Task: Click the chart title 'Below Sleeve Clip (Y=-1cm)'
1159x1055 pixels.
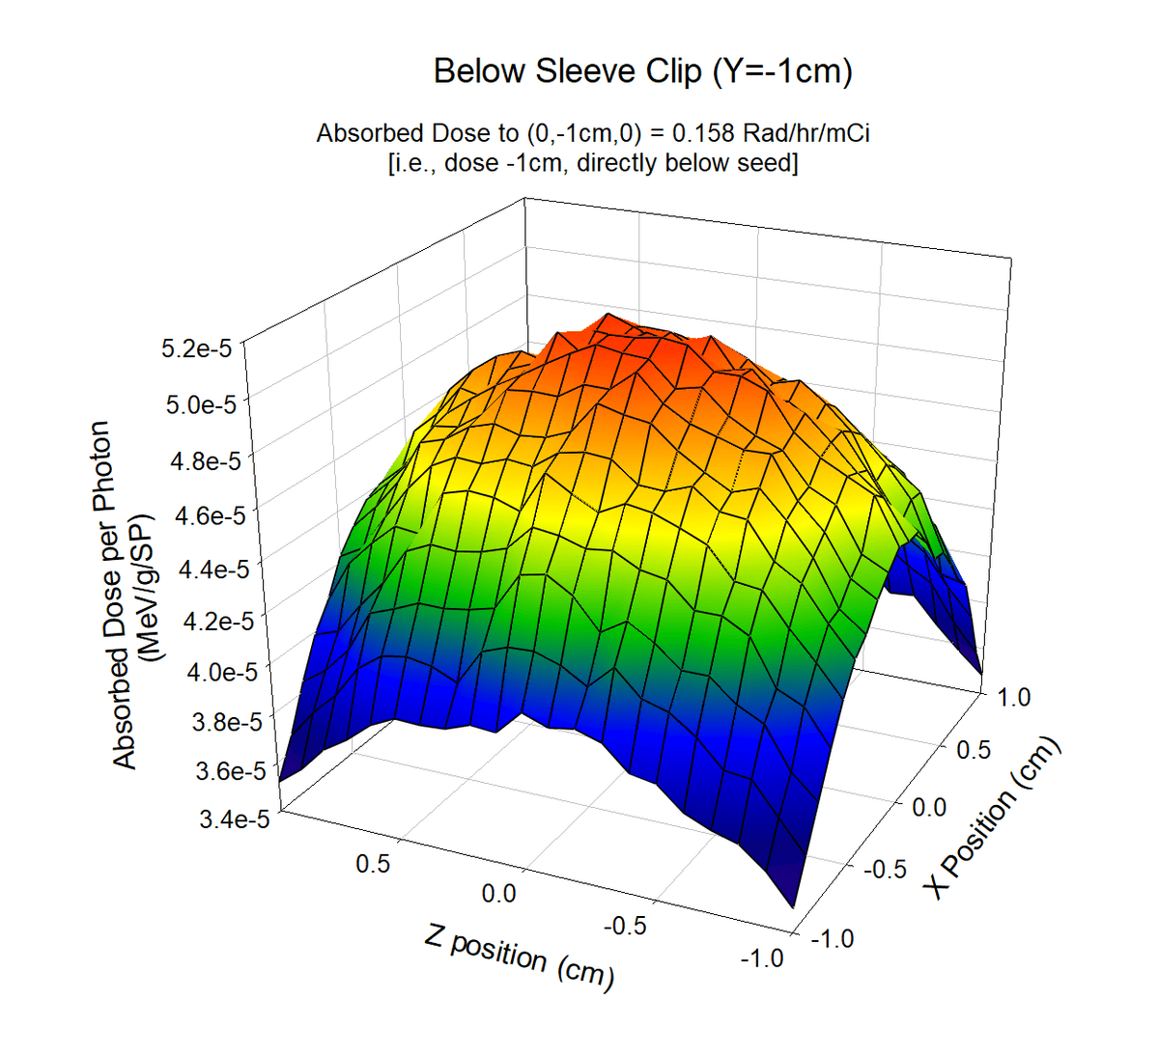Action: point(642,71)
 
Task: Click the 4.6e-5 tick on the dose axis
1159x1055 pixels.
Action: point(210,516)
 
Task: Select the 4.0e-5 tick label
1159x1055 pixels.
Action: point(222,672)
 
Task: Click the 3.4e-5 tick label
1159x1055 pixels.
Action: point(233,819)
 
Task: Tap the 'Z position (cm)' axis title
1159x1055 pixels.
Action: point(519,957)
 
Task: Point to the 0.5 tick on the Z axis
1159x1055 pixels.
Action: point(373,864)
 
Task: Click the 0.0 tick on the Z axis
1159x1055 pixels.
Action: point(498,895)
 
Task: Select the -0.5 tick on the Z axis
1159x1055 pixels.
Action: point(625,926)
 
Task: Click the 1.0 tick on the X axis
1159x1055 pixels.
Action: point(1013,697)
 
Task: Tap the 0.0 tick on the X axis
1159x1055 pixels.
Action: point(929,808)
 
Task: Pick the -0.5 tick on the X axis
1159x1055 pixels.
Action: point(884,870)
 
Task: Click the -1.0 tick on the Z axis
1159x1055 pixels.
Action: point(761,958)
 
